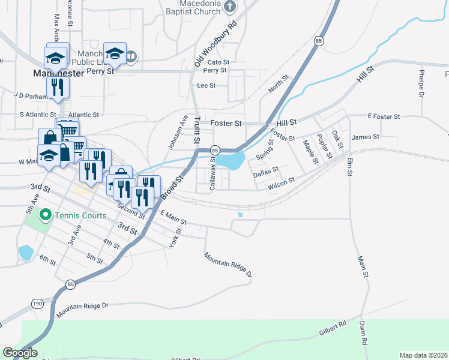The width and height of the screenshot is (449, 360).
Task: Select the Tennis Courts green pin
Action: [44, 214]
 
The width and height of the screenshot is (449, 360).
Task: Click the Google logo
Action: [20, 353]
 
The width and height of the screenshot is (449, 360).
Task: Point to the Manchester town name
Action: [58, 73]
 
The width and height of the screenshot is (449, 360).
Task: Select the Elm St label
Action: [349, 166]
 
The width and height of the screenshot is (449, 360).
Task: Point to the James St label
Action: [366, 137]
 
